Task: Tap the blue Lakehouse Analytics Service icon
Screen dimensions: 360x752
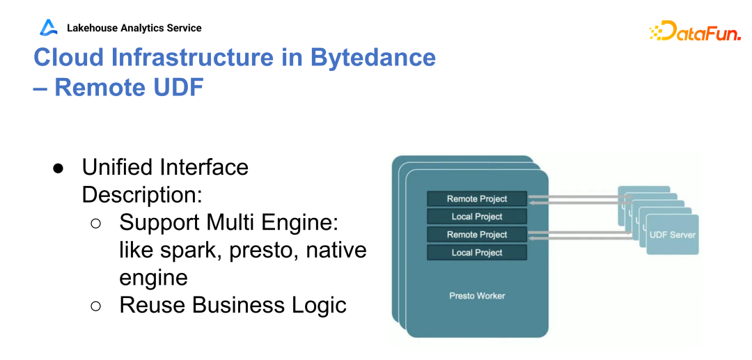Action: [48, 28]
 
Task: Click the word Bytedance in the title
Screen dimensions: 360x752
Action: [373, 57]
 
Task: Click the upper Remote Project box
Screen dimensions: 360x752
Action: [477, 198]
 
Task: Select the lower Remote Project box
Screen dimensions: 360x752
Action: [477, 235]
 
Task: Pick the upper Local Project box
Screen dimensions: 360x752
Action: [477, 217]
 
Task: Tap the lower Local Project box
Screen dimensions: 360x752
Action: [477, 253]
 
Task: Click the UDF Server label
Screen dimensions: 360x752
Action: [672, 235]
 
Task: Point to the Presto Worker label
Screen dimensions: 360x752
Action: [477, 296]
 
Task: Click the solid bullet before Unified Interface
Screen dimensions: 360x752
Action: [58, 169]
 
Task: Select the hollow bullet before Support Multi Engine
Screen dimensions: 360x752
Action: [97, 223]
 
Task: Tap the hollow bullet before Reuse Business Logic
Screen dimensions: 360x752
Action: [97, 306]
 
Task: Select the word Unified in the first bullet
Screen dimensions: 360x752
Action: [117, 167]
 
